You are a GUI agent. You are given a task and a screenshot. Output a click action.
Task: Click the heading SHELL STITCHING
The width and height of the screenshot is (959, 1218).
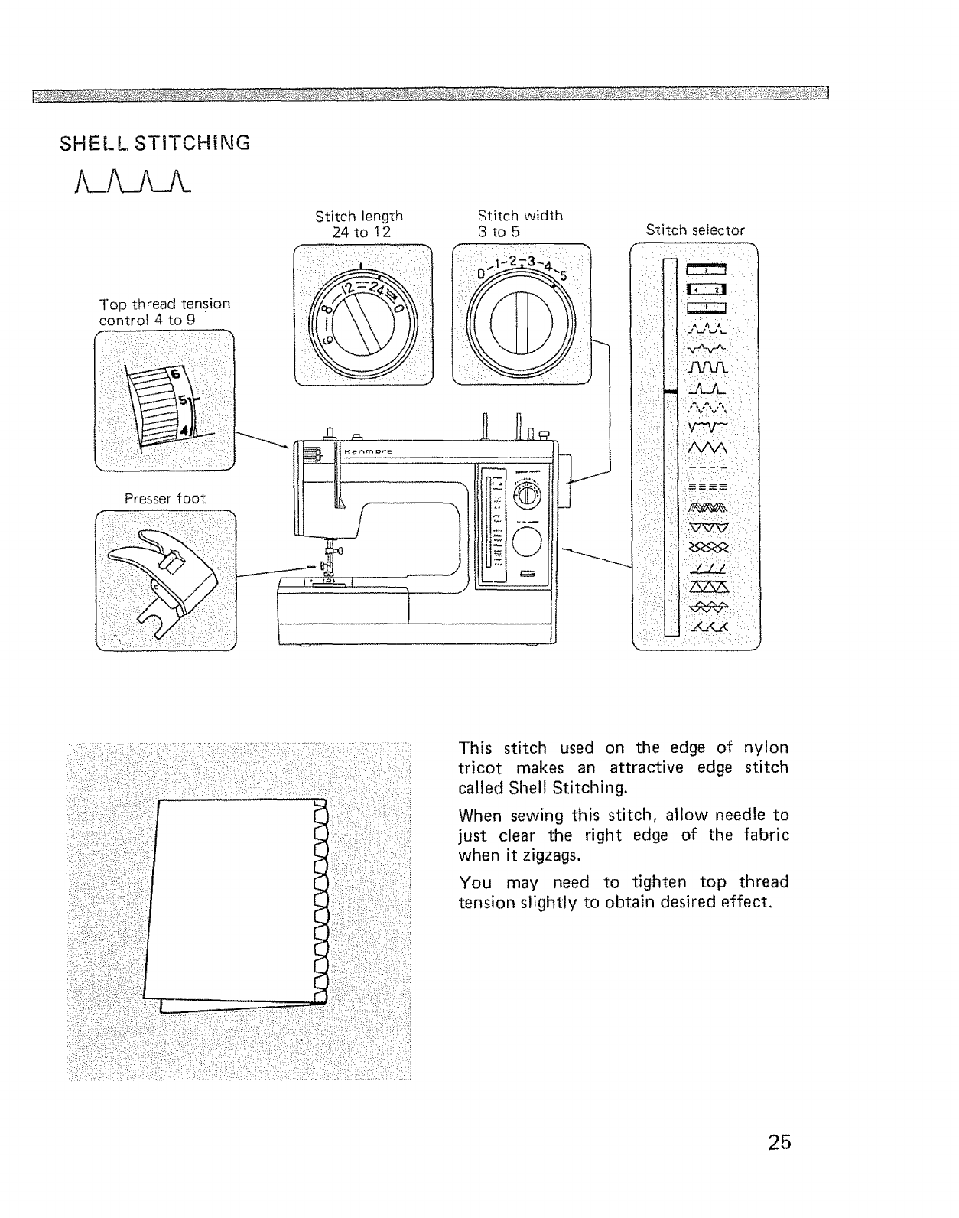(x=154, y=142)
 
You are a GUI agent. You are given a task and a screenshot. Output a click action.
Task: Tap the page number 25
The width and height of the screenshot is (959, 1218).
(x=779, y=1142)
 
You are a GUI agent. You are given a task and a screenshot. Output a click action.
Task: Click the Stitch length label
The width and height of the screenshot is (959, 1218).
(x=359, y=216)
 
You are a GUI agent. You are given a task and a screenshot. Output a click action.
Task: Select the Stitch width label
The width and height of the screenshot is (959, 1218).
(x=519, y=216)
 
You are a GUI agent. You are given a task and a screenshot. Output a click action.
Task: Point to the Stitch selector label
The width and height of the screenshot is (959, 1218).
(x=694, y=230)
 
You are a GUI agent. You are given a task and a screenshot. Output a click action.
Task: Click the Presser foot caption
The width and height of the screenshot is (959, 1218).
(x=165, y=498)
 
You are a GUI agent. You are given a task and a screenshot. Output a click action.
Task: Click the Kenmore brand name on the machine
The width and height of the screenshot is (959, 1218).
(x=368, y=452)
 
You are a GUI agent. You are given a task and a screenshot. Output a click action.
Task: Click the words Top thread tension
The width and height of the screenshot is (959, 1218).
(x=164, y=303)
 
